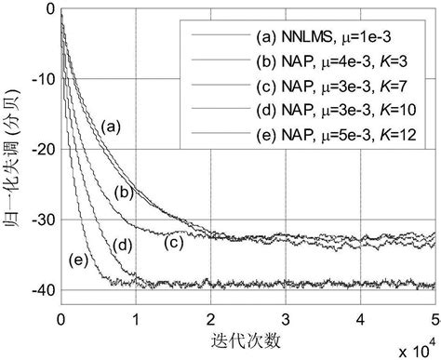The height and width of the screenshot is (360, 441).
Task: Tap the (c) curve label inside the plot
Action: [173, 243]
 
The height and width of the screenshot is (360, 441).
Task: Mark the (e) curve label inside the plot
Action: [78, 258]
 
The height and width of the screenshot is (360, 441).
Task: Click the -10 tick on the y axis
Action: [40, 80]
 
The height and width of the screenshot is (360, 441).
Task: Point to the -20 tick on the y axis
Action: [40, 150]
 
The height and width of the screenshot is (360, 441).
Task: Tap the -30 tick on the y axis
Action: [40, 220]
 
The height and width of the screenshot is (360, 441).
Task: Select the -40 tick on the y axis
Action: [40, 291]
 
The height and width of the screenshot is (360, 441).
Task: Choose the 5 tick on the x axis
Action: [434, 317]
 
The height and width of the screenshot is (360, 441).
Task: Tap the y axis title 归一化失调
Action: [12, 164]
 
